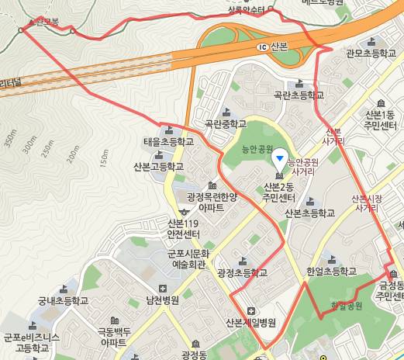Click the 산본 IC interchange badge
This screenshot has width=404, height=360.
pos(264,47)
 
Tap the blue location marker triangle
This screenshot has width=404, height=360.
pos(280,158)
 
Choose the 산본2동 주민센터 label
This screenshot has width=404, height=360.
pos(278,192)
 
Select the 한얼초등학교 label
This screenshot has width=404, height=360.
pos(331,272)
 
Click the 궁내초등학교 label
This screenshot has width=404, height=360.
pos(64,301)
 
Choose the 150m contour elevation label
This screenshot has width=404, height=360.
pos(102,156)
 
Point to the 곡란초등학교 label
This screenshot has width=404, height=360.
pos(299,95)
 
